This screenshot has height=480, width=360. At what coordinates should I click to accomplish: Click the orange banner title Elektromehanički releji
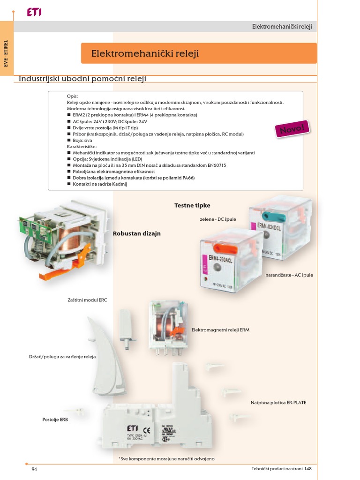click(145, 54)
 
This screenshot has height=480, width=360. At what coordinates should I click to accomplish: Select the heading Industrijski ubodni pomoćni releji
click(82, 78)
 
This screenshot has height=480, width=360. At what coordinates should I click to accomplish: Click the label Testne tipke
click(192, 205)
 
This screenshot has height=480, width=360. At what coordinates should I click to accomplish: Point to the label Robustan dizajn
click(136, 233)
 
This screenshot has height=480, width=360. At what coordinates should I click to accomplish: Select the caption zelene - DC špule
click(217, 219)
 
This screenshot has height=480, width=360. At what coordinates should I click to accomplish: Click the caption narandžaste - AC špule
click(289, 275)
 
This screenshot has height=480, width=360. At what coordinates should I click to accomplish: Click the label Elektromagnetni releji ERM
click(220, 330)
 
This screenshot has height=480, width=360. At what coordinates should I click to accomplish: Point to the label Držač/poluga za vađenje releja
click(62, 357)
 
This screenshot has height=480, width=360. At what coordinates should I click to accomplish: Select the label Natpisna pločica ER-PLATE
click(278, 403)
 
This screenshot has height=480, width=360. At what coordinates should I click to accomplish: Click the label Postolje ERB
click(55, 420)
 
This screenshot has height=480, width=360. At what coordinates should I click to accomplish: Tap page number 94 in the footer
click(34, 469)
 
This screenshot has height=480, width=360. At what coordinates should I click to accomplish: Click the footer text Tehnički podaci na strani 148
click(281, 469)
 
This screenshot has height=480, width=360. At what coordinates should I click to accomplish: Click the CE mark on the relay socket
click(146, 429)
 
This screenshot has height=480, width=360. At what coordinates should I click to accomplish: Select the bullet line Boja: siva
click(82, 140)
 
